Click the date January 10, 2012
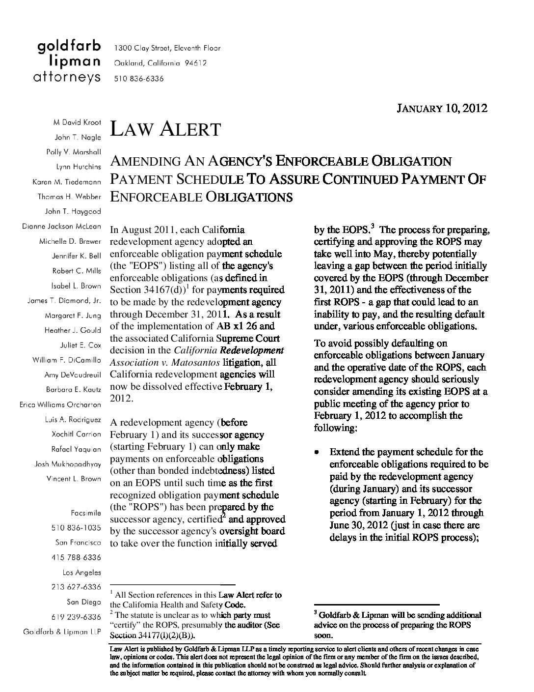[441, 108]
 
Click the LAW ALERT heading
[165, 129]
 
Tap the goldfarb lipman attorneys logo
[68, 62]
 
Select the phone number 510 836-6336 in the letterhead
[139, 79]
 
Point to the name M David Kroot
[77, 122]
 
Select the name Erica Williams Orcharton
[60, 405]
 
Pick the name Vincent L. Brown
[74, 479]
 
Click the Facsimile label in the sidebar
[86, 513]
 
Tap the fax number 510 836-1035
[76, 528]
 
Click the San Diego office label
[83, 602]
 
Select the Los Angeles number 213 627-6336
[76, 587]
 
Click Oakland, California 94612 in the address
[160, 63]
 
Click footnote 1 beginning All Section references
[196, 600]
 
